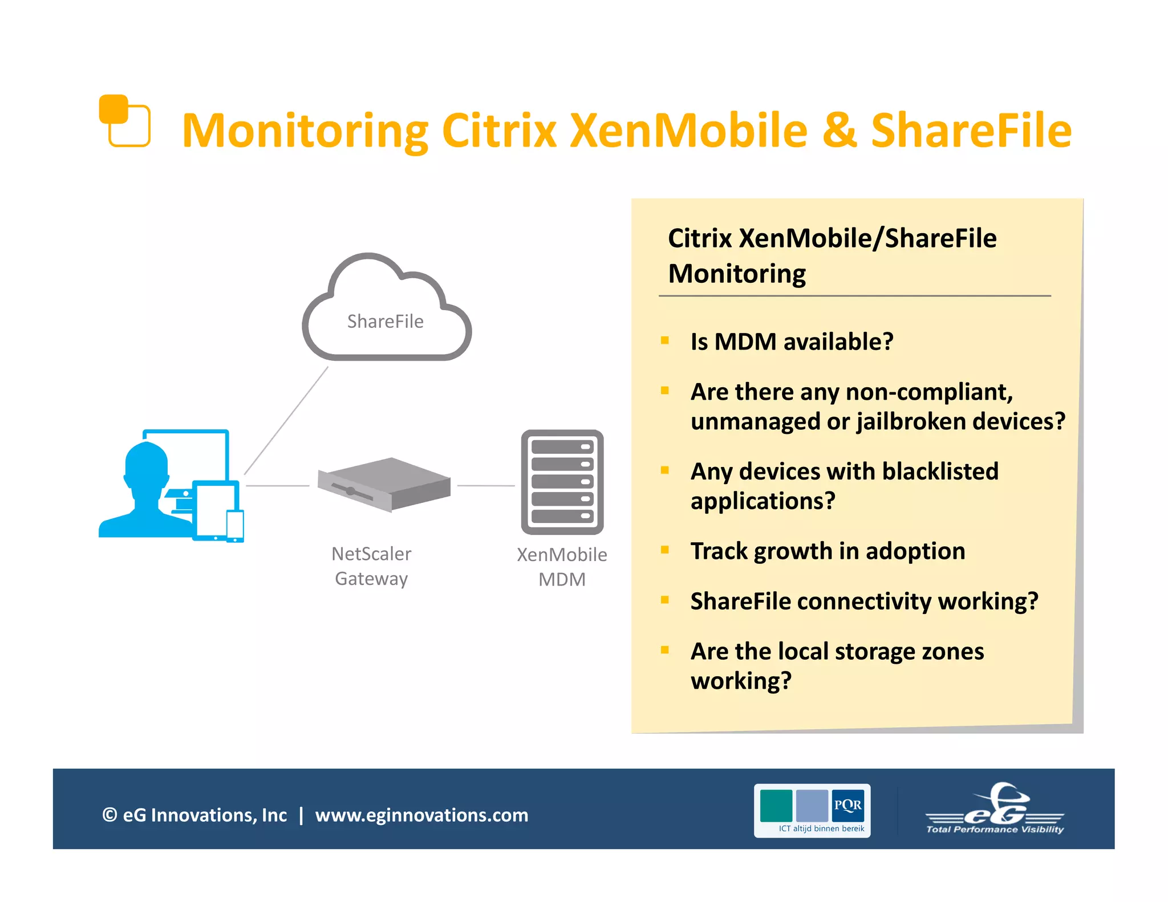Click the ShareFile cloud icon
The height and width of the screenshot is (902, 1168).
[386, 308]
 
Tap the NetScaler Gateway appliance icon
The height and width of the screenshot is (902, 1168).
[384, 484]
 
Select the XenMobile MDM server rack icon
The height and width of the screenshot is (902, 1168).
[562, 482]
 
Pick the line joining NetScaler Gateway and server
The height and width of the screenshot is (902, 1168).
[485, 486]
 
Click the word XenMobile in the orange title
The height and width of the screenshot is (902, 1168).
[689, 131]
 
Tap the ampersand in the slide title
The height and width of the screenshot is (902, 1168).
[839, 131]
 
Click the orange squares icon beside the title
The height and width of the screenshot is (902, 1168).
[125, 120]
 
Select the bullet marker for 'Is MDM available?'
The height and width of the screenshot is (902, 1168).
[664, 341]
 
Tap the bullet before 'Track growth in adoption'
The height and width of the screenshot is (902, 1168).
[664, 550]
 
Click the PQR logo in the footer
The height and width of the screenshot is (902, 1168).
[812, 810]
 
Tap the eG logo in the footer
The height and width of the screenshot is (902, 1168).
[995, 810]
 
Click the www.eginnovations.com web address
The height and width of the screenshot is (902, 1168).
[421, 815]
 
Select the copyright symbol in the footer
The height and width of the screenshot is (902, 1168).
[109, 815]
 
